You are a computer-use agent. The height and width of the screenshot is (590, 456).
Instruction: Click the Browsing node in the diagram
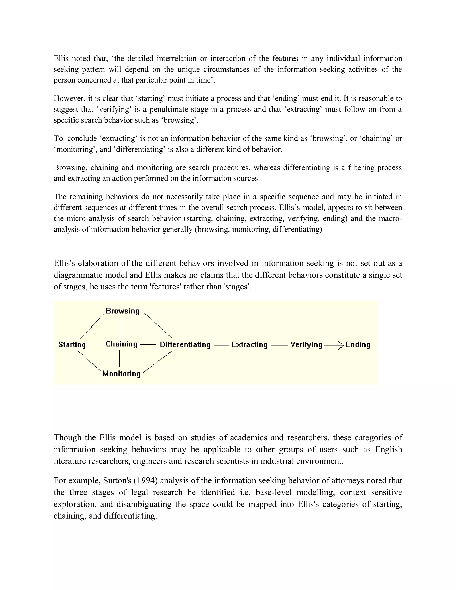[122, 311]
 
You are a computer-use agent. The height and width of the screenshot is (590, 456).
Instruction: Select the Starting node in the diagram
[72, 344]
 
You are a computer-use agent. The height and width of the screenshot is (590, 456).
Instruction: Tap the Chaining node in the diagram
[121, 344]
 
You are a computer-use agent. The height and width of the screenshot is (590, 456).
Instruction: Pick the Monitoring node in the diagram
[121, 374]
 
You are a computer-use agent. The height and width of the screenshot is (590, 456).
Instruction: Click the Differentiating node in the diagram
[185, 344]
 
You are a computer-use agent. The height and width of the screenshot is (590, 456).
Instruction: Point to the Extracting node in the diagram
[249, 344]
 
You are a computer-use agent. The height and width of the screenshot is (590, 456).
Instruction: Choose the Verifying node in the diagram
[306, 344]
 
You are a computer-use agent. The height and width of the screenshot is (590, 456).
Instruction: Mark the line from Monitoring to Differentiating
[157, 362]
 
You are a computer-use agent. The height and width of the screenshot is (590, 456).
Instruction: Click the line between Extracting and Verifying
[279, 345]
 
